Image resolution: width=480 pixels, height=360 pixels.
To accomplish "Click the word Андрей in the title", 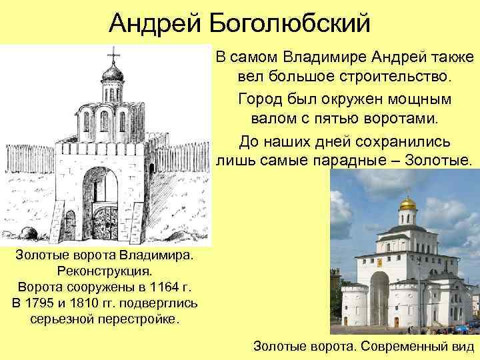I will tap(155, 23).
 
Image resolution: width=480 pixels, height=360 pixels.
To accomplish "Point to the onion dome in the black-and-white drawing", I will tap(111, 71).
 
